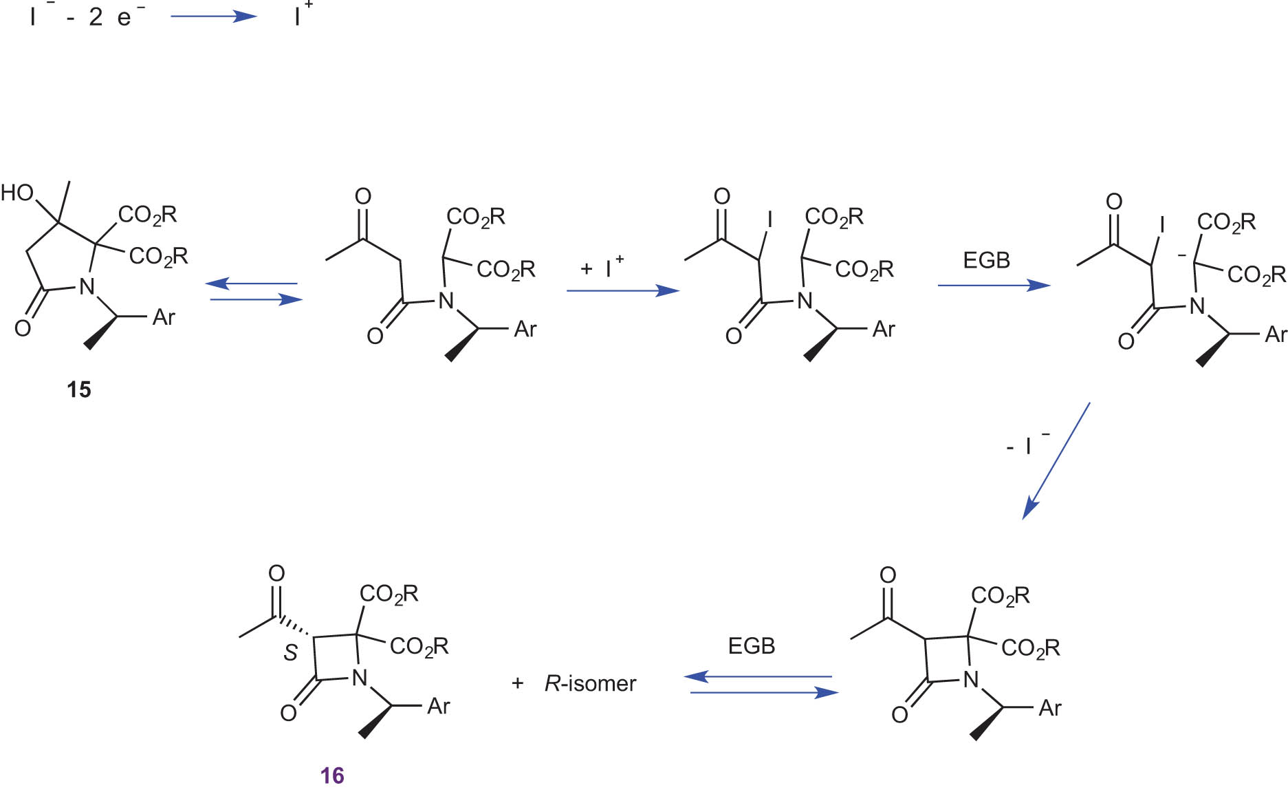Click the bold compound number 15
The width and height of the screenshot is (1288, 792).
pyautogui.click(x=78, y=389)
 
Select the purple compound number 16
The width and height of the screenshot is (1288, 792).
pyautogui.click(x=331, y=775)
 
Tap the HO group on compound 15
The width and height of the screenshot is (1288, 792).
pyautogui.click(x=17, y=193)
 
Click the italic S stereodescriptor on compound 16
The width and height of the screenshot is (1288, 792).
pyautogui.click(x=291, y=652)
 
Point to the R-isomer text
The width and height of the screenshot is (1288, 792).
pyautogui.click(x=590, y=683)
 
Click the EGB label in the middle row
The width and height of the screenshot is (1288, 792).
pyautogui.click(x=986, y=260)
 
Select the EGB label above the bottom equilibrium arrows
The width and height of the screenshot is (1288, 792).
pyautogui.click(x=751, y=646)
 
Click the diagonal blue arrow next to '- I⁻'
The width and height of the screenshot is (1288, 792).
pyautogui.click(x=1056, y=461)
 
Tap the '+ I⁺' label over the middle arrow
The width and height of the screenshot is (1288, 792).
pyautogui.click(x=602, y=266)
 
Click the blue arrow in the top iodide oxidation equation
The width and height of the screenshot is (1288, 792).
pyautogui.click(x=213, y=17)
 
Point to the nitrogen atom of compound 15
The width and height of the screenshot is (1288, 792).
pyautogui.click(x=87, y=286)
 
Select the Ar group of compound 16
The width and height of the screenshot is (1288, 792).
pyautogui.click(x=438, y=706)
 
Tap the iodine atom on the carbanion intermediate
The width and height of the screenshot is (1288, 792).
pyautogui.click(x=1162, y=225)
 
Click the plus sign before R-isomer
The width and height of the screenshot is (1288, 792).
pyautogui.click(x=517, y=683)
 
